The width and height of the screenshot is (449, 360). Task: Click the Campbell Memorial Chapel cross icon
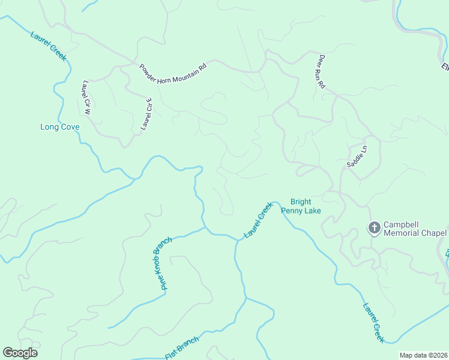tap(374, 227)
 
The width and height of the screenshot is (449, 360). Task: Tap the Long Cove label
tap(59, 127)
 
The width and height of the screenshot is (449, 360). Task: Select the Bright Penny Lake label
tap(306, 206)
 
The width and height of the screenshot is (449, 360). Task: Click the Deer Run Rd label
tap(321, 72)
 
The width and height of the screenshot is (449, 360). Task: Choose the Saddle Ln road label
tap(356, 156)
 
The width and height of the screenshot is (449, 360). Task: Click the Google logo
tap(20, 353)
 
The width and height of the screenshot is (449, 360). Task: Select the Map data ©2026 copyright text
tap(423, 355)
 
